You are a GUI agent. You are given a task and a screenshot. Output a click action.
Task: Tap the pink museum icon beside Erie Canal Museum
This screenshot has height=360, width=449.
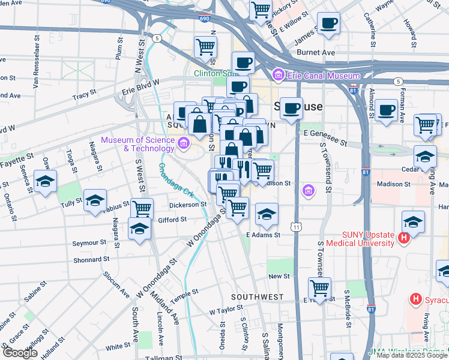[x=278, y=76]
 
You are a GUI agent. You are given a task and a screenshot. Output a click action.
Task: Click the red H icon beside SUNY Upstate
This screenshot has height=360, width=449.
[x=403, y=238]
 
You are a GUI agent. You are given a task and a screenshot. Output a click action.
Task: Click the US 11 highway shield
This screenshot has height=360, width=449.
[x=296, y=227]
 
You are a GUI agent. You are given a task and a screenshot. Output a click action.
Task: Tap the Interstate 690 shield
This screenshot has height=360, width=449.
[x=205, y=18]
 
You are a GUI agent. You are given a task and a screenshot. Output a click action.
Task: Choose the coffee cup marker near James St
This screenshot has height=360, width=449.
[x=328, y=23]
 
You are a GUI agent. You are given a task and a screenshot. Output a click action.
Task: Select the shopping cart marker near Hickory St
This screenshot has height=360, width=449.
[x=261, y=9]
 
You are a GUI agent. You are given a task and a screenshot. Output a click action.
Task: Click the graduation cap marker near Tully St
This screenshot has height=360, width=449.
[x=95, y=201]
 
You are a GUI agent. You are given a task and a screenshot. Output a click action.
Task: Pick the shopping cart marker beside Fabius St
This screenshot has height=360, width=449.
[x=142, y=209]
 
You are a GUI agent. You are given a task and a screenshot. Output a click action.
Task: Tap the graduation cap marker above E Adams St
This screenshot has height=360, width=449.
[x=267, y=214]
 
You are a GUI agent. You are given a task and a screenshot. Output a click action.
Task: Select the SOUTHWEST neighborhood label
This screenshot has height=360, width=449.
[x=258, y=297]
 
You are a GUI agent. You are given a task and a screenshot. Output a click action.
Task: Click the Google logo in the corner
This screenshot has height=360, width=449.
[x=20, y=353]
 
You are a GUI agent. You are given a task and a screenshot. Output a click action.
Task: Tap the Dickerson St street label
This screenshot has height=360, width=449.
[x=187, y=205]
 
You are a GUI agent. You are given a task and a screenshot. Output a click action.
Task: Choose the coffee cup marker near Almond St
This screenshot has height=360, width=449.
[x=386, y=110]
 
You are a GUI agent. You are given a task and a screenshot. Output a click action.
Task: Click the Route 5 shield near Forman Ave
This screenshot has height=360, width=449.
[x=397, y=81]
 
